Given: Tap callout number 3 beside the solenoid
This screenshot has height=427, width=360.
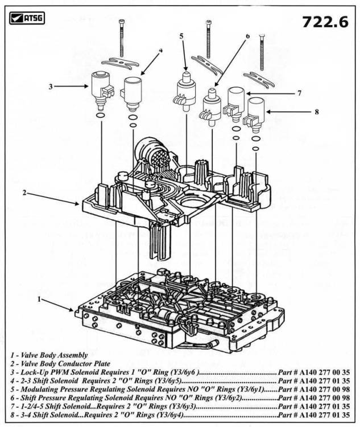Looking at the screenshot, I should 51,87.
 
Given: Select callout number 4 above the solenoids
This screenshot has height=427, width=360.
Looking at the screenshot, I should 161,50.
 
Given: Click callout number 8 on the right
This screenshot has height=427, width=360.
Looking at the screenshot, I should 317,112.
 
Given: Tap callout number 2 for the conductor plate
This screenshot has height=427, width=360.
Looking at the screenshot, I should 24,192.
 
